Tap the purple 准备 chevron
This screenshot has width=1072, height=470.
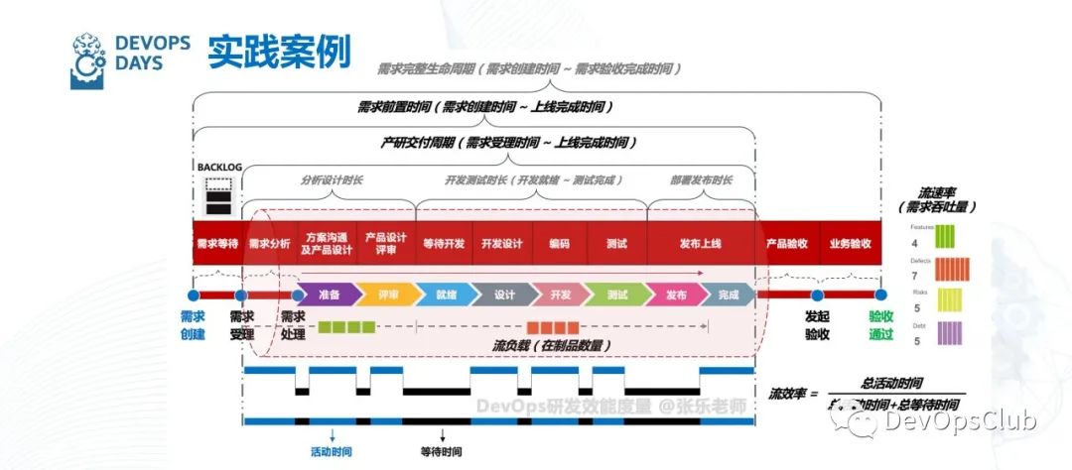(x=330, y=294)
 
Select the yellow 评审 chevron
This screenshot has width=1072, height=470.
(x=387, y=294)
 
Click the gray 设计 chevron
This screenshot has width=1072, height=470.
(x=503, y=294)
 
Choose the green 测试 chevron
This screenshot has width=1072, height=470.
(x=616, y=294)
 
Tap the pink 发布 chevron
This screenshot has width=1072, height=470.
(x=675, y=294)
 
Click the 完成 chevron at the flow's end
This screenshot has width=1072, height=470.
(x=728, y=294)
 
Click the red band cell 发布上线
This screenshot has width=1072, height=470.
(x=700, y=243)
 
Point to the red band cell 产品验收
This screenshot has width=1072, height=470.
(x=787, y=243)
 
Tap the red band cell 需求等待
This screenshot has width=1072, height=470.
(x=216, y=243)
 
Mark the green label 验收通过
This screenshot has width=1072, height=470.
(x=880, y=325)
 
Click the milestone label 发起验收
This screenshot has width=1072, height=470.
(x=817, y=325)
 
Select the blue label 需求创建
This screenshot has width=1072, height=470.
(x=193, y=325)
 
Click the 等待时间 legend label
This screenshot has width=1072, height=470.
(x=442, y=451)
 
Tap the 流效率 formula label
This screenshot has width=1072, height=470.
(x=792, y=394)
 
